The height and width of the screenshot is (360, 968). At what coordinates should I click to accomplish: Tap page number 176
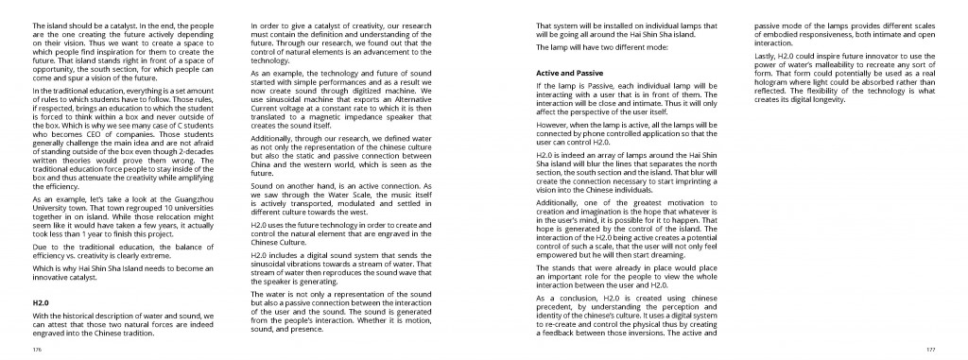tap(37, 349)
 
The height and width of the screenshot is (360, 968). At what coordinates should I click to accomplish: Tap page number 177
tap(930, 349)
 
